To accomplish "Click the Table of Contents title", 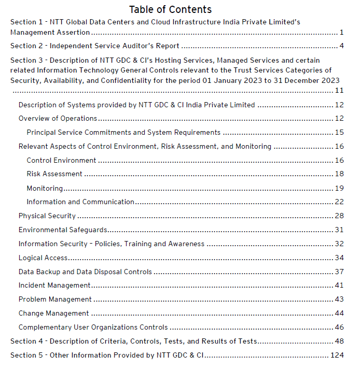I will tap(170, 9).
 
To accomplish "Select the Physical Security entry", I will tap(47, 216).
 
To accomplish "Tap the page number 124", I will tap(337, 356).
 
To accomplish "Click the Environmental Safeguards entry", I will tap(63, 230).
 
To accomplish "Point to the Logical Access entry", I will tap(43, 258).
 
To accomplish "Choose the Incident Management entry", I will tap(54, 286).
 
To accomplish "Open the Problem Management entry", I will tap(55, 300).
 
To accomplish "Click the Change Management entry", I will tap(54, 314).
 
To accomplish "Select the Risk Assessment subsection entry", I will tap(54, 174).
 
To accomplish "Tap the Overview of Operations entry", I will tap(58, 119).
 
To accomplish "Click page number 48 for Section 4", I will tap(339, 342).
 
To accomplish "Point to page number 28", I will tap(339, 216).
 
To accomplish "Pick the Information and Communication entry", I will tap(80, 202).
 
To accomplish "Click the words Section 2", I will tap(23, 46).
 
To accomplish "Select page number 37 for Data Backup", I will tap(339, 272).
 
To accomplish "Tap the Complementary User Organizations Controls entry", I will tap(93, 328).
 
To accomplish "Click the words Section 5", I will tap(23, 356).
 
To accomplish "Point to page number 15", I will tap(339, 133).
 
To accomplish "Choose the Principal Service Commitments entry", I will tap(123, 133).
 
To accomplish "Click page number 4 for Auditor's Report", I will tap(342, 46).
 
